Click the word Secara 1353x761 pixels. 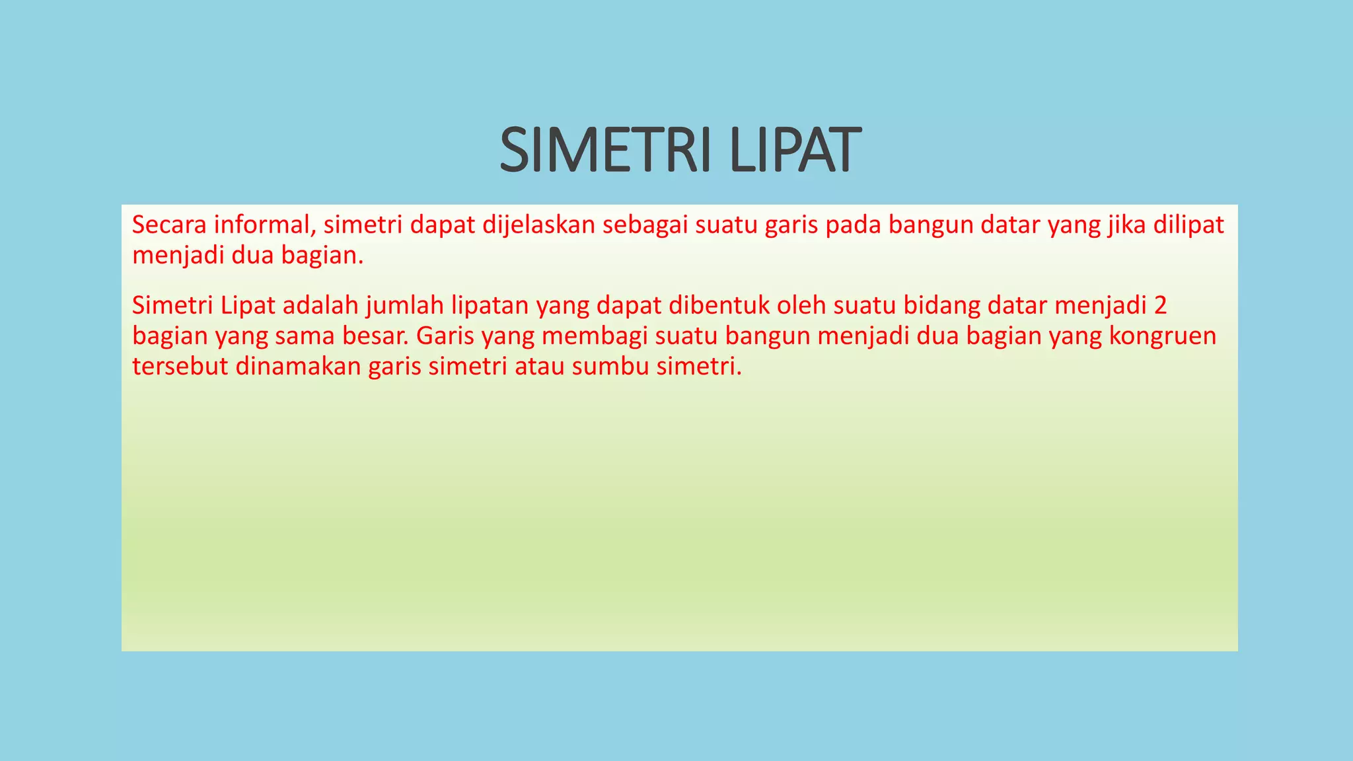tap(169, 225)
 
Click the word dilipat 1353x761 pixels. tap(1189, 225)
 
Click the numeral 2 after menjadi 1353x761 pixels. tap(1161, 306)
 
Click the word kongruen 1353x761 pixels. tap(1163, 336)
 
